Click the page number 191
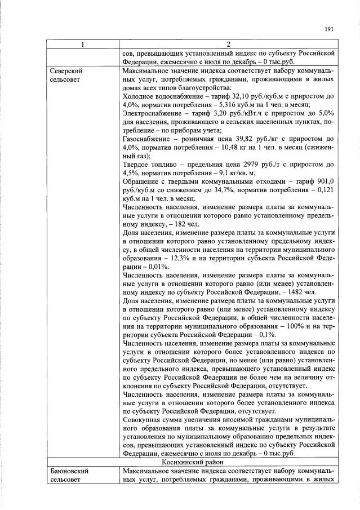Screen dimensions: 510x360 point(331,30)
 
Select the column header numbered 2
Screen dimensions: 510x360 point(228,45)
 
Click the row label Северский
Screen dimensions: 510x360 point(67,72)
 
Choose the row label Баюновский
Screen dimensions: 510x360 point(70,469)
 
